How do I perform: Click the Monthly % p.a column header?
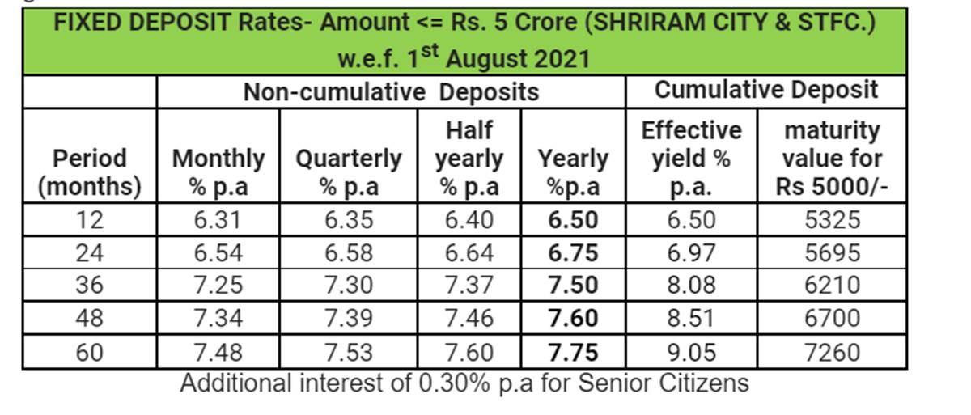click(218, 172)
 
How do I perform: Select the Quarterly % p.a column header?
click(349, 172)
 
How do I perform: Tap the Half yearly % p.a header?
click(469, 158)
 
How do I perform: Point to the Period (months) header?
click(89, 172)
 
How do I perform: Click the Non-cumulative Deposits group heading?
click(391, 92)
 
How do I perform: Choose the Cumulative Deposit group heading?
click(765, 90)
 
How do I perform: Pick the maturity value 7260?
click(833, 352)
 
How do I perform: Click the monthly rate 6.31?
click(218, 221)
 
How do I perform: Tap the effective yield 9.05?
click(691, 352)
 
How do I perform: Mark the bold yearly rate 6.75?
click(573, 253)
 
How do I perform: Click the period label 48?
click(89, 319)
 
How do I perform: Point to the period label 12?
click(89, 221)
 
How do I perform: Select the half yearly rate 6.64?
click(469, 253)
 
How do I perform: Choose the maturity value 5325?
click(833, 221)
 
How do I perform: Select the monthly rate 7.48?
click(218, 352)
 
